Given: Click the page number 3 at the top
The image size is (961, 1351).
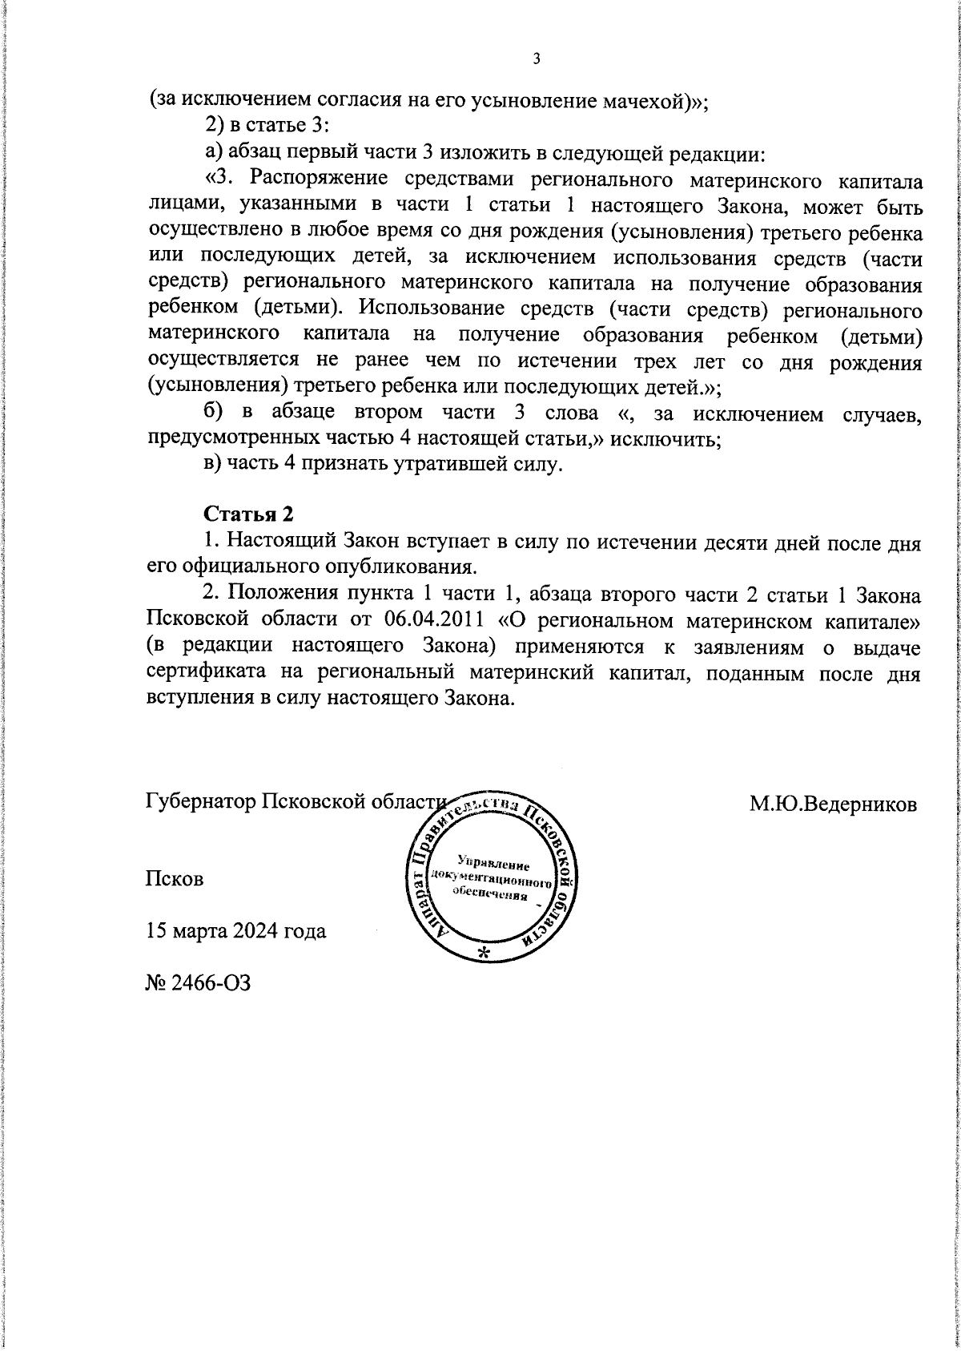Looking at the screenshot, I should tap(537, 58).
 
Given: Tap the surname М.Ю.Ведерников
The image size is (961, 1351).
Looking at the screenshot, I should tap(833, 804).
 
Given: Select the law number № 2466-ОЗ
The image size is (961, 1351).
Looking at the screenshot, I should tap(198, 983).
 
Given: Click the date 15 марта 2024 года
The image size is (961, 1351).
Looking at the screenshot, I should tap(235, 931).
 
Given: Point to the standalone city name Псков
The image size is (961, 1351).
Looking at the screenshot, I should tap(175, 878).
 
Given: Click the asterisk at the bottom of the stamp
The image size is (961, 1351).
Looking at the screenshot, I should tap(484, 954).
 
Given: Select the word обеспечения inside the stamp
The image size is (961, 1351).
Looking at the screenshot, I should tap(490, 895).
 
